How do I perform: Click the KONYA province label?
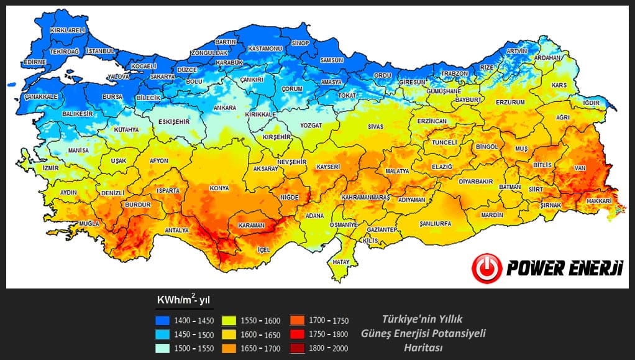pyautogui.click(x=219, y=188)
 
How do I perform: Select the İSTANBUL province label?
pyautogui.click(x=101, y=50)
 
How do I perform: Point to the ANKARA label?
pyautogui.click(x=224, y=108)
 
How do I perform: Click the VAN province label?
pyautogui.click(x=578, y=168)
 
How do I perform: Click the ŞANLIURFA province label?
pyautogui.click(x=435, y=223)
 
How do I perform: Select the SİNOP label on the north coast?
pyautogui.click(x=300, y=43)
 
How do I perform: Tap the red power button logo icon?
pyautogui.click(x=487, y=268)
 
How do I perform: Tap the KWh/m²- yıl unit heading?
pyautogui.click(x=183, y=300)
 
